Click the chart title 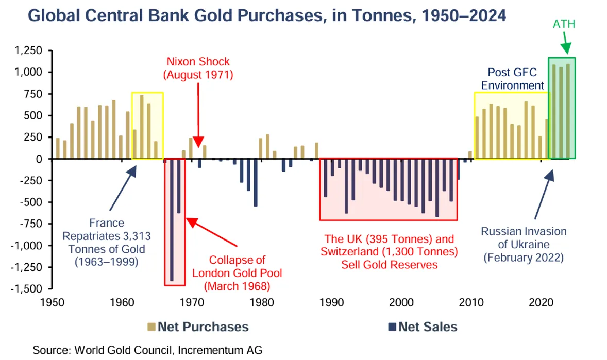pyautogui.click(x=266, y=15)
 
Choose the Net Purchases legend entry pyautogui.click(x=198, y=327)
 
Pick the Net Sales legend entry pyautogui.click(x=423, y=327)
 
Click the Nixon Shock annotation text pyautogui.click(x=198, y=68)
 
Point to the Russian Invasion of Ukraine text pyautogui.click(x=524, y=244)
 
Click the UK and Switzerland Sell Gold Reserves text pyautogui.click(x=389, y=252)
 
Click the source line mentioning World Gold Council pyautogui.click(x=147, y=350)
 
